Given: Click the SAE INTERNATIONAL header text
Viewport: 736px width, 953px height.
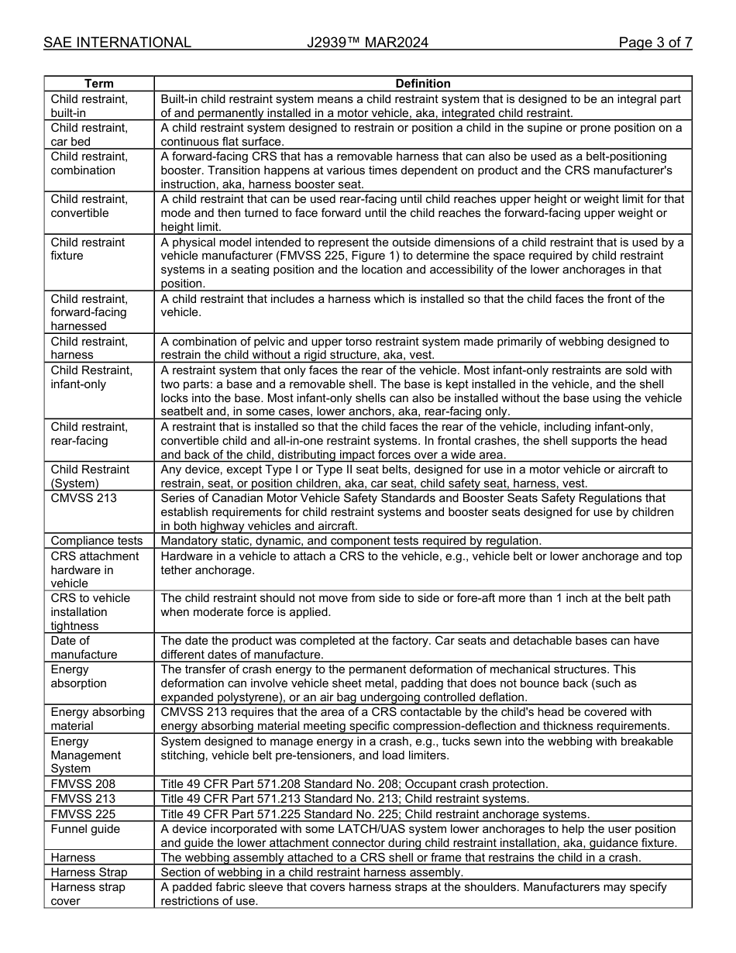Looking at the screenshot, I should pos(117,43).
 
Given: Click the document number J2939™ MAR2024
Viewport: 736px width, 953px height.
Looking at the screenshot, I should pos(367,43).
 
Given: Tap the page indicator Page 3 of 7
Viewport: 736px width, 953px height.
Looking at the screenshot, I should pos(655,43).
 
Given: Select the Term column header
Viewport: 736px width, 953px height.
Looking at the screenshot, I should pos(98,84).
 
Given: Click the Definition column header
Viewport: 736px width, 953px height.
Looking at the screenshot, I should pos(422,84).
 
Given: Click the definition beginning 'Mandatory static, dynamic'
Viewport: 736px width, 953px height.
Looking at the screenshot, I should pos(351,541).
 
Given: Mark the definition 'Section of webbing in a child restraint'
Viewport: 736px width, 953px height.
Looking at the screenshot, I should pos(311,872).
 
